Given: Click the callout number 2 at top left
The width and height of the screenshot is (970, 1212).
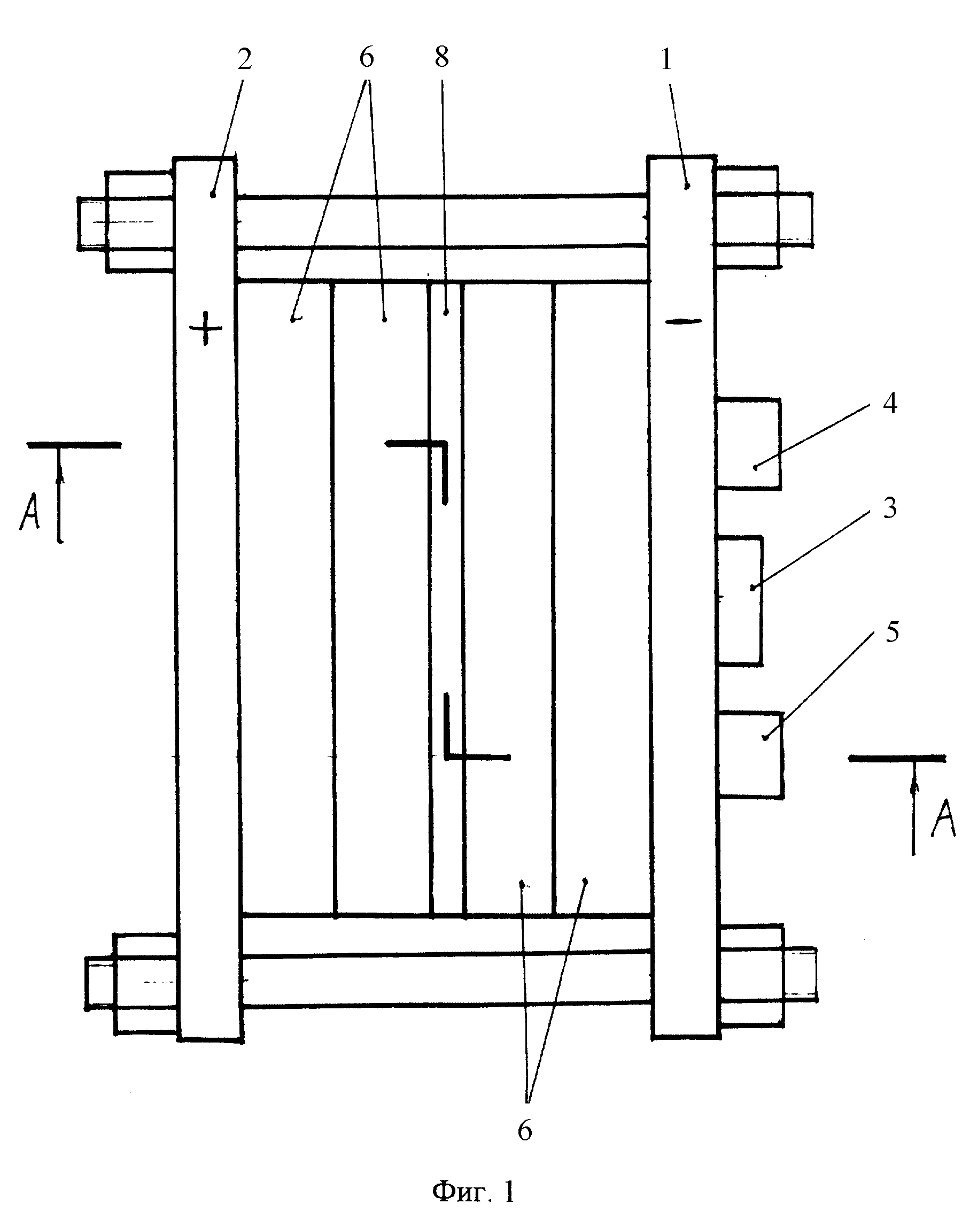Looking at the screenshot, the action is (x=244, y=59).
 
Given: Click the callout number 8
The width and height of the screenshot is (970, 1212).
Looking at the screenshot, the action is (x=442, y=57).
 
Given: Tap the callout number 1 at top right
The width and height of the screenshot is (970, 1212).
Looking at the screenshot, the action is (x=666, y=59).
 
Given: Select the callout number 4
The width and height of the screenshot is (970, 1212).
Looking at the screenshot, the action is (x=890, y=404).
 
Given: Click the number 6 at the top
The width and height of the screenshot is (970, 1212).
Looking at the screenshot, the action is (x=367, y=57).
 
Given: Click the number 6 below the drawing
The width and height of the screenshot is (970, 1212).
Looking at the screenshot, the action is (x=524, y=1130).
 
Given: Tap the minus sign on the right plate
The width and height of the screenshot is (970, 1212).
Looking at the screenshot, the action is (x=684, y=321).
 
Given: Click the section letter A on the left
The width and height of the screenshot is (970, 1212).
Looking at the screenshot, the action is (x=30, y=512).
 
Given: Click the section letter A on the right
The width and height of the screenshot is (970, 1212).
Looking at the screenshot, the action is (x=944, y=819).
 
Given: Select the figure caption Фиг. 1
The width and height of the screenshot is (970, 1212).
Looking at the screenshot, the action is (x=473, y=1191).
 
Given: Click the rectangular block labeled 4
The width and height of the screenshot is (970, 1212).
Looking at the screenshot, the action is (x=748, y=444).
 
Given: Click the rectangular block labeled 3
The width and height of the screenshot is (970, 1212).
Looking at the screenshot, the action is (x=740, y=601).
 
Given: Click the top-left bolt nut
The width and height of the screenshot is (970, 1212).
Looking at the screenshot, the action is (x=139, y=221).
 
